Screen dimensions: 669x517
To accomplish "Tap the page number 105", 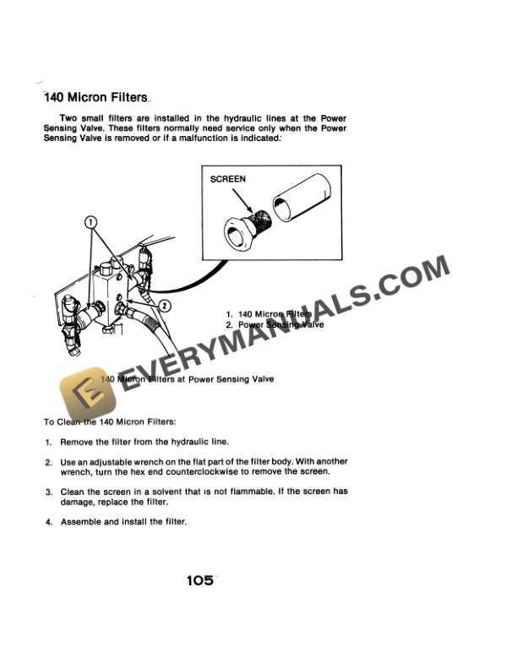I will [200, 580].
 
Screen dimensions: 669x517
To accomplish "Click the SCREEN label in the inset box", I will [228, 179].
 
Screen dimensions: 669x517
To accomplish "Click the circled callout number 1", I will [92, 221].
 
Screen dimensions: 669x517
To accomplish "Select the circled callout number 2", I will [164, 305].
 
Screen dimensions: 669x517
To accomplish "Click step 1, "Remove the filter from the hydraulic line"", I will [144, 442].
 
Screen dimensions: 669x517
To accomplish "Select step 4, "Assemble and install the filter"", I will [122, 521].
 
